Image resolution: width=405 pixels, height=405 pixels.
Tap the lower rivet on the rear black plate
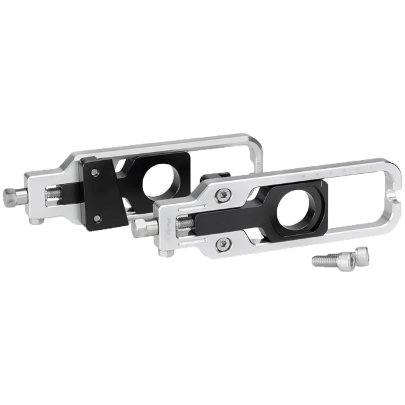click(96, 217)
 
